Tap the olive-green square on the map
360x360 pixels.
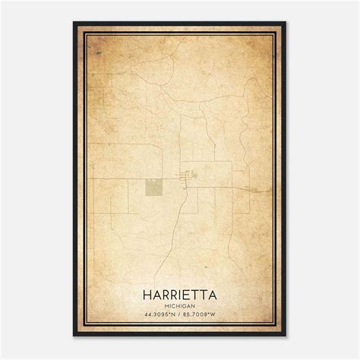pos(154,185)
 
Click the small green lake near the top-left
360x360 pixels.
pos(97,53)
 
